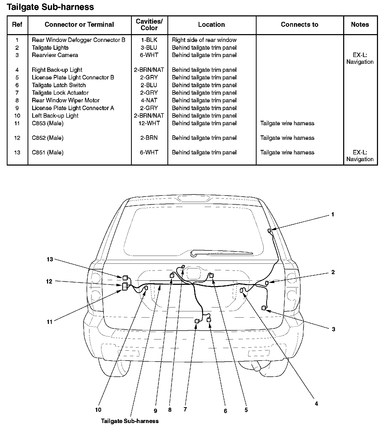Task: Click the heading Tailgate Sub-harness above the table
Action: click(50, 7)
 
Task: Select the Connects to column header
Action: click(299, 25)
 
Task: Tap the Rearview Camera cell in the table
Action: click(55, 55)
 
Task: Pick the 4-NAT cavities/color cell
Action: click(149, 100)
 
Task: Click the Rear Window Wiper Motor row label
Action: click(66, 100)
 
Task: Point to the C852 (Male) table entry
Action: click(48, 138)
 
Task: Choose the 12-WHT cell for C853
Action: click(149, 123)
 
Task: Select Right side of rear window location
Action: click(204, 40)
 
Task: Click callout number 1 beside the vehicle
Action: click(333, 215)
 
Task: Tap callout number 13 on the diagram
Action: click(50, 259)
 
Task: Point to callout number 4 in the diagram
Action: click(316, 404)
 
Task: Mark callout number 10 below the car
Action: click(98, 410)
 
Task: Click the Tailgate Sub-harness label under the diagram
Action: click(130, 421)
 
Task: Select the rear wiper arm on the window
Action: click(221, 252)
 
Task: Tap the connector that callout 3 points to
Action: click(264, 308)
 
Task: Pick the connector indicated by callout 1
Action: click(269, 230)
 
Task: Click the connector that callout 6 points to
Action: click(208, 320)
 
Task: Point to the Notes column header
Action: click(360, 25)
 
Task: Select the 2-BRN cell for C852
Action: click(149, 138)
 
